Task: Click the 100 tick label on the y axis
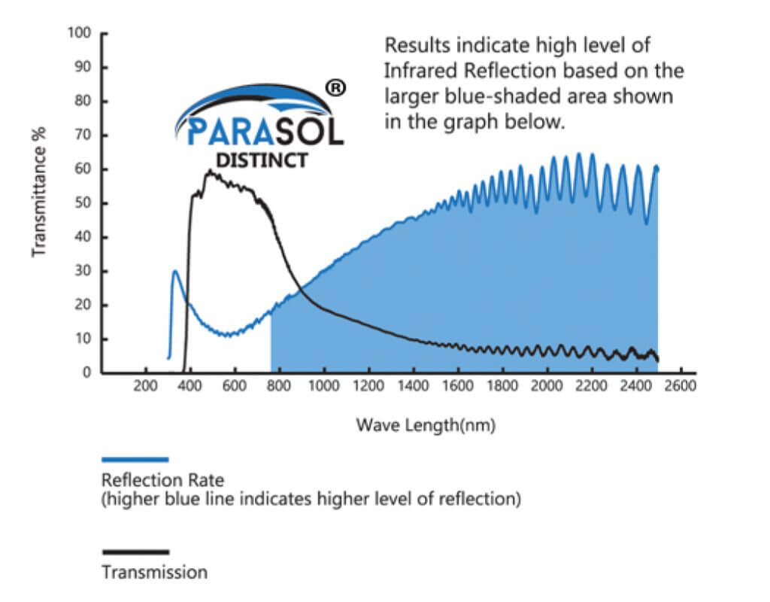79,33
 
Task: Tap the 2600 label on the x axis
681,388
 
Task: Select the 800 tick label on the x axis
279,388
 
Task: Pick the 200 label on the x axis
145,388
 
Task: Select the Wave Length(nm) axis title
426,425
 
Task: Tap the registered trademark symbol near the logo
336,89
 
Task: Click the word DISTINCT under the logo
261,160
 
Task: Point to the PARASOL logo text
264,131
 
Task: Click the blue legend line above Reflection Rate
135,458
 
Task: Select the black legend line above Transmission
135,552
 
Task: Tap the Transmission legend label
154,573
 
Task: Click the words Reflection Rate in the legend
163,479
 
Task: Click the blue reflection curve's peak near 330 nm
175,271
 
